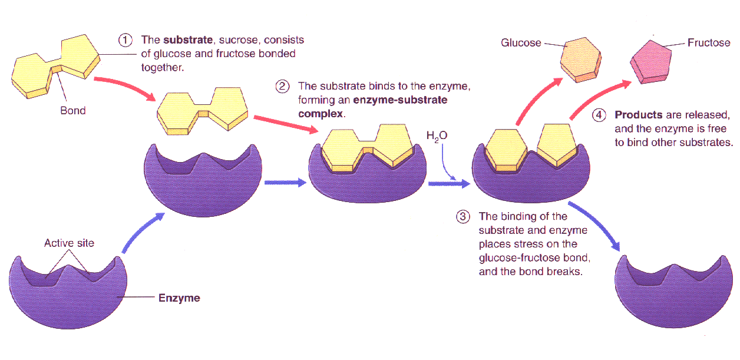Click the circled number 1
pos(125,41)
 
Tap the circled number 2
pos(282,87)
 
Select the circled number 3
pos(463,217)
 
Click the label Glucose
pos(521,43)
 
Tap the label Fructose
pos(709,43)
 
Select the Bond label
pos(72,110)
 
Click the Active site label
pos(69,243)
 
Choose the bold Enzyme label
pos(179,298)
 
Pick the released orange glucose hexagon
pos(581,60)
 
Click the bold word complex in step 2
pos(321,114)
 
